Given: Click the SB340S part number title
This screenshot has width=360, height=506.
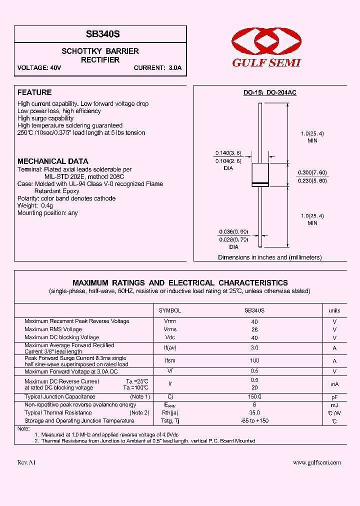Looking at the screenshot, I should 100,34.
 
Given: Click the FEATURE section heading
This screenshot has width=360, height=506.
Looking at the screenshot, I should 34,92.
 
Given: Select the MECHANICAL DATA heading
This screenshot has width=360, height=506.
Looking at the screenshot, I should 53,161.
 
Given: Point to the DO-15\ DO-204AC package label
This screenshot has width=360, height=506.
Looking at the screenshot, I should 270,93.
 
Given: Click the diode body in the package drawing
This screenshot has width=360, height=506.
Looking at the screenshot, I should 260,175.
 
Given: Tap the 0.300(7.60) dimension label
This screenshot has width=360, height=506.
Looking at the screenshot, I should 312,172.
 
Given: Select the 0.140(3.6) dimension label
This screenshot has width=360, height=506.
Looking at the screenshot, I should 228,153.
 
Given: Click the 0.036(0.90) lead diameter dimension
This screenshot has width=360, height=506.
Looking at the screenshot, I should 233,231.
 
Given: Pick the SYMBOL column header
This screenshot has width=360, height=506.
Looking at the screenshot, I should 170,310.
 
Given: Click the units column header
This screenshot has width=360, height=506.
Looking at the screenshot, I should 334,310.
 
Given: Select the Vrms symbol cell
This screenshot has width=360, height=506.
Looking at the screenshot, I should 170,329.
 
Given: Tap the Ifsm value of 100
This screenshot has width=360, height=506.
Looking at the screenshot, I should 254,360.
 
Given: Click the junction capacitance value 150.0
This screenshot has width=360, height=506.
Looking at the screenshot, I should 254,396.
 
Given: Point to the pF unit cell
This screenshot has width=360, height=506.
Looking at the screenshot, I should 334,396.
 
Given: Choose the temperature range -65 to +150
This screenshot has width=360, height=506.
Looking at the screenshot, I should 254,421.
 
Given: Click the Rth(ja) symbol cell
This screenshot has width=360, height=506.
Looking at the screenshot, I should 170,413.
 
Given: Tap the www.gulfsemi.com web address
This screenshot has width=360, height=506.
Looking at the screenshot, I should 317,463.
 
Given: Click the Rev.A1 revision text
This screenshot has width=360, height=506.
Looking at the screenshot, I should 26,463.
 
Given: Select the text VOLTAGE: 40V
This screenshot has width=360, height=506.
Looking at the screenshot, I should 39,68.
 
